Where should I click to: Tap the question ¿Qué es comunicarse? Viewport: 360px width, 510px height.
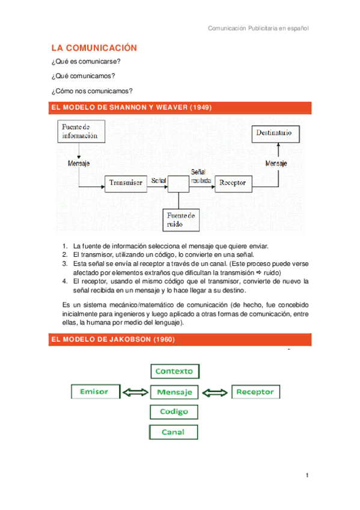[87, 63]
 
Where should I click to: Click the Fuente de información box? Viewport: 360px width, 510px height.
[81, 132]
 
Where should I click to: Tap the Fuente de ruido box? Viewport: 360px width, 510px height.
[182, 220]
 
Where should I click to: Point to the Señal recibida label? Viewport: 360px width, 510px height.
[200, 175]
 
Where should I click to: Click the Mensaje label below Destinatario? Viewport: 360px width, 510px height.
[276, 164]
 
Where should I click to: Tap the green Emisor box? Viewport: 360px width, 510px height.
[94, 392]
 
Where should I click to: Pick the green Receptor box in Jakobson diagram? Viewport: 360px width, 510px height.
[255, 392]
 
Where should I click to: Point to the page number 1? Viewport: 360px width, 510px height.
[307, 476]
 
